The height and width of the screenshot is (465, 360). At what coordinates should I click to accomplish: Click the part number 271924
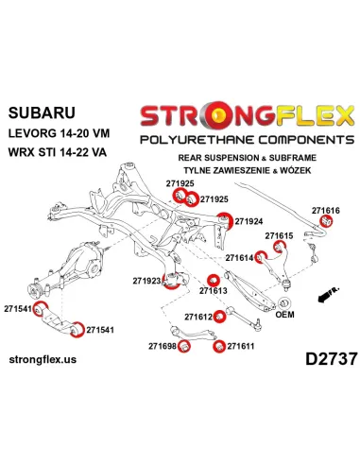point(249,221)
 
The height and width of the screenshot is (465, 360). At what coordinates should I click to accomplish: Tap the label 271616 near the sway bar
point(326,211)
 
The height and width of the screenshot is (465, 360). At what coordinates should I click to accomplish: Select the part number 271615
point(279,235)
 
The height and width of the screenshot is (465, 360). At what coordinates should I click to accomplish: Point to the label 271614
point(239,258)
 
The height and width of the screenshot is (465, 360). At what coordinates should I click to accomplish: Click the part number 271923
point(146,281)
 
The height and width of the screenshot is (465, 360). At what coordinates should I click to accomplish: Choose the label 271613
point(213,290)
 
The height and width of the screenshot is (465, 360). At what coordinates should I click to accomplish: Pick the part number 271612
point(198,317)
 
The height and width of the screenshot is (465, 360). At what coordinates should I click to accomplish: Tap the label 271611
point(241,346)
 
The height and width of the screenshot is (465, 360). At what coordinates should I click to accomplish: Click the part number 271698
point(163,346)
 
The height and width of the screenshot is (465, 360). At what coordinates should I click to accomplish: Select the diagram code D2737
point(332,359)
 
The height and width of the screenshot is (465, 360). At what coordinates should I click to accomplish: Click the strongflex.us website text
point(43,359)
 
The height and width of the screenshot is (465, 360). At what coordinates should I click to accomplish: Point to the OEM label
point(284,314)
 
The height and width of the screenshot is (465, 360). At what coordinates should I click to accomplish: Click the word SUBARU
point(42,112)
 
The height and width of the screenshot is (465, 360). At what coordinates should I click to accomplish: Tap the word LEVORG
point(31,133)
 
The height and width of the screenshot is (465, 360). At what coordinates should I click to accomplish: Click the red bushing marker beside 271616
point(326,221)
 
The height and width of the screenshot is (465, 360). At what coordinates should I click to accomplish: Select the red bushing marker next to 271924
point(225,220)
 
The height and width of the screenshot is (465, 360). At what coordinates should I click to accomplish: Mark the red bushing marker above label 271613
point(214,280)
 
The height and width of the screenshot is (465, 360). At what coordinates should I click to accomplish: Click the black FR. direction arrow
point(329,295)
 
